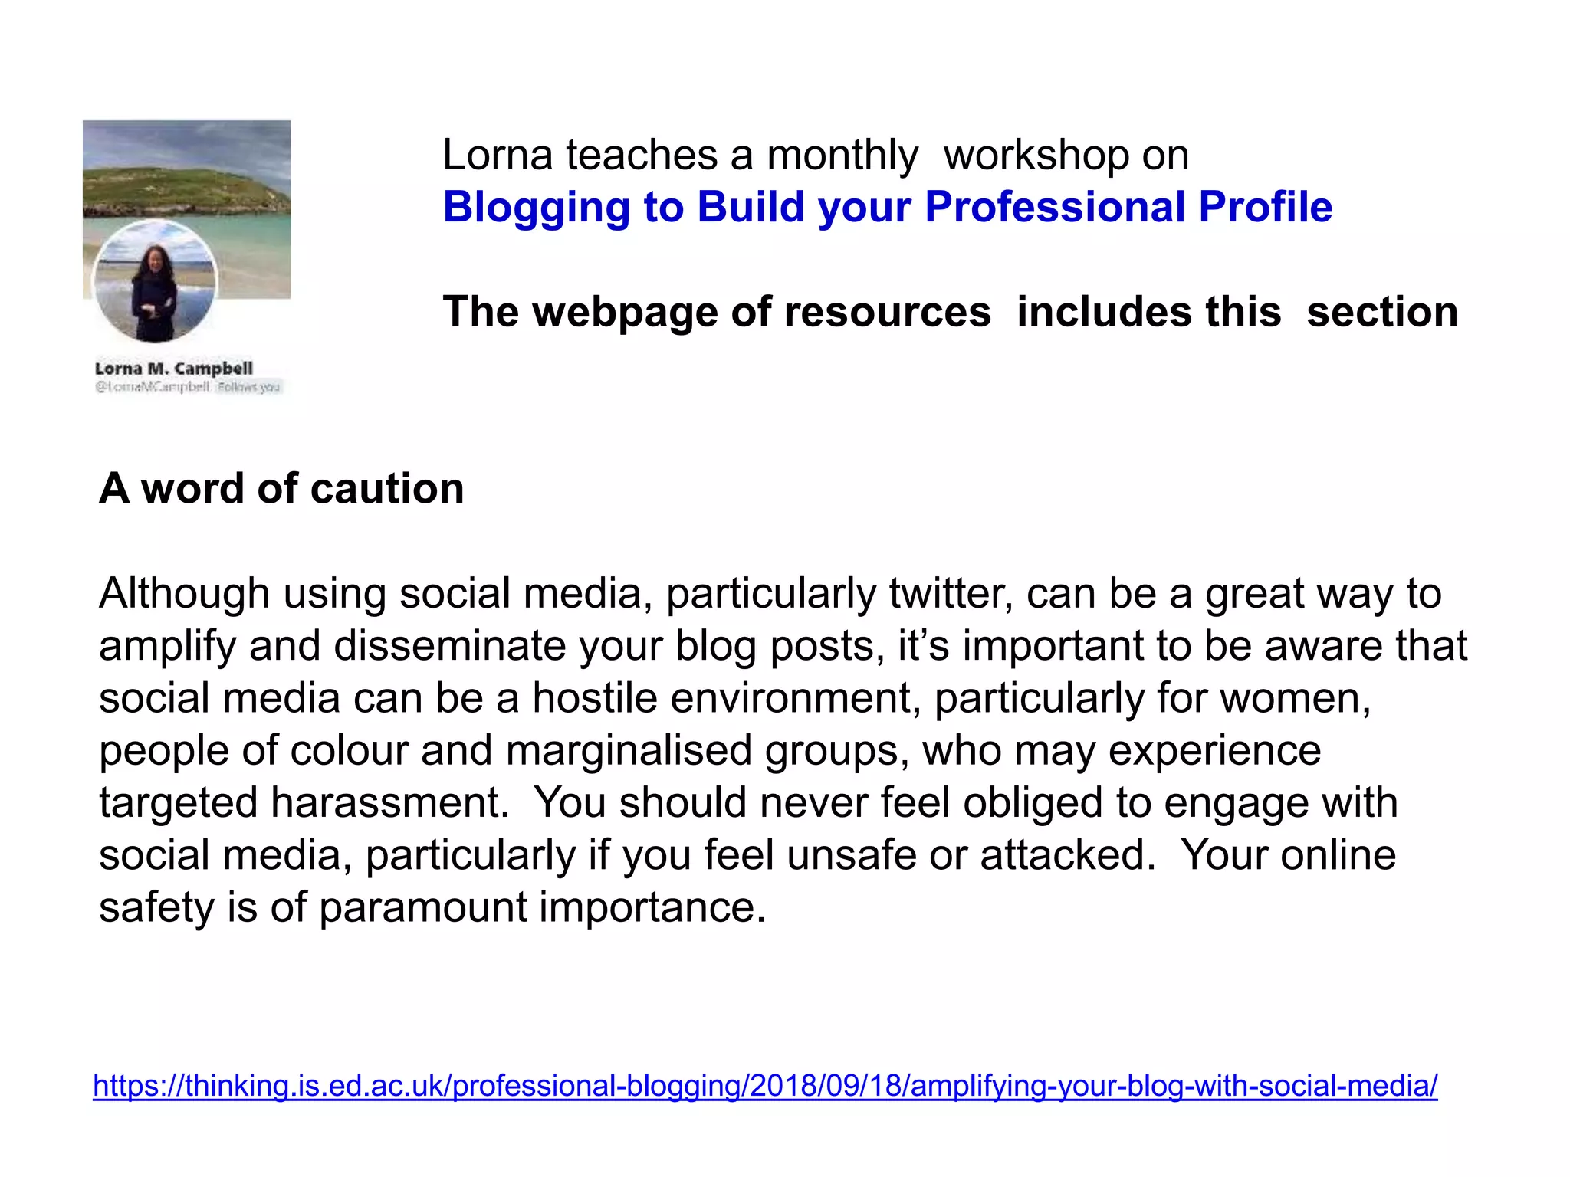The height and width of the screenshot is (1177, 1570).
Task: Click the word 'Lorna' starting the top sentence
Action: pos(497,156)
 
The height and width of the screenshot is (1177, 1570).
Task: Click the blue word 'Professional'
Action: pos(1055,207)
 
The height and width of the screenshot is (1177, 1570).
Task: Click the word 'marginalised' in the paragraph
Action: pos(629,750)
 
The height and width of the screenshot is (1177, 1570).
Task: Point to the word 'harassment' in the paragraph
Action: pos(390,802)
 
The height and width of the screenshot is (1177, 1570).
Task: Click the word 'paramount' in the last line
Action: pos(422,908)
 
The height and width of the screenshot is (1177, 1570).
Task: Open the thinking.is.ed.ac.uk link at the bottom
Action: pos(765,1086)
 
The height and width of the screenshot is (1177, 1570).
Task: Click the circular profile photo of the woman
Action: pos(155,281)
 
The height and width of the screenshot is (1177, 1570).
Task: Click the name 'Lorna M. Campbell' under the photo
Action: pos(174,369)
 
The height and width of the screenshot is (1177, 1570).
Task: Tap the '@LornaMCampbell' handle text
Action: pos(152,387)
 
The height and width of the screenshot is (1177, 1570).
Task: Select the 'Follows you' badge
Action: pos(248,387)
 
